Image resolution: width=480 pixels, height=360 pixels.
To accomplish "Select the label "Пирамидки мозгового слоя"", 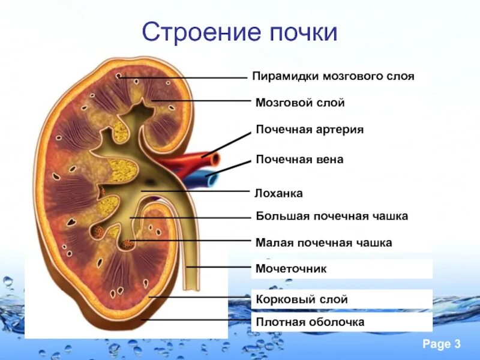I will click(333, 77).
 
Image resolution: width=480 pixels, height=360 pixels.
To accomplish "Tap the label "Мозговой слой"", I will click(300, 103).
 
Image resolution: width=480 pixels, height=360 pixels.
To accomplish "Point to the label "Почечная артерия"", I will click(310, 129).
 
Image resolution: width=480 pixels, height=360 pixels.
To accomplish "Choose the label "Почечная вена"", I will click(299, 160).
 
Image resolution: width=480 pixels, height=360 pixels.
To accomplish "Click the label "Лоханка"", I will click(279, 193).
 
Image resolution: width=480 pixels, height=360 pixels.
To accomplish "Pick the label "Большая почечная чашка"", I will click(332, 215).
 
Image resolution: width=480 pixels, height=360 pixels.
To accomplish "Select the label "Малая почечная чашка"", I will click(324, 243).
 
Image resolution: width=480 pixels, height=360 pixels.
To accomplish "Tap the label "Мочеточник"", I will click(291, 268).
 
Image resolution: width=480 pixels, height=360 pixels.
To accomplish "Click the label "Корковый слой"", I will click(301, 299).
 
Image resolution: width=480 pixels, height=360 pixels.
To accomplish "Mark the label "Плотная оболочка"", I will click(310, 322).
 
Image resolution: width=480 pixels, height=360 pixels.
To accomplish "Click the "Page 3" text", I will click(441, 344).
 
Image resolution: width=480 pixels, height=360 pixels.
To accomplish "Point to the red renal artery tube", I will click(192, 161).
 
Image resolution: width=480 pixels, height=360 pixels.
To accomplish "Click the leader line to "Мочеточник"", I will click(219, 266).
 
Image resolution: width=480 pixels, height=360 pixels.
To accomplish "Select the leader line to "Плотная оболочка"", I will click(192, 320).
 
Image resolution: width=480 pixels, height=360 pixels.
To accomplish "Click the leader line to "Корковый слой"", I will click(198, 296).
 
